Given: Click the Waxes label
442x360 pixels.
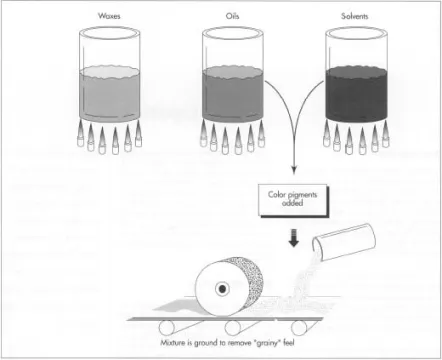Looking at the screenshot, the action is (x=109, y=16).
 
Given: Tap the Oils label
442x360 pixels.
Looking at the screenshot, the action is (x=232, y=16).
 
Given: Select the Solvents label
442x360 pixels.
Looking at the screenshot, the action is (x=355, y=16).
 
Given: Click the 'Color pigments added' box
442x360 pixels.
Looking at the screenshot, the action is (x=293, y=200).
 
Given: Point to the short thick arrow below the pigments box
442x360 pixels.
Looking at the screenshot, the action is (x=293, y=237).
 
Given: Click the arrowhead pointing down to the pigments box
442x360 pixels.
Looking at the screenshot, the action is (x=293, y=169).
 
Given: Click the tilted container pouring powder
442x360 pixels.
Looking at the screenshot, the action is (x=344, y=241).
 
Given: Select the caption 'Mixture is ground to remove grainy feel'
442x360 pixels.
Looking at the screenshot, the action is (x=227, y=342).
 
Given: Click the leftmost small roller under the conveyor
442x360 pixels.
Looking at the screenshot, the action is (x=167, y=328).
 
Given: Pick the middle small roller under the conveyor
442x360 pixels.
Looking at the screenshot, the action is (x=233, y=328).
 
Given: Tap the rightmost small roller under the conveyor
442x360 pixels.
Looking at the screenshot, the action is (x=299, y=328).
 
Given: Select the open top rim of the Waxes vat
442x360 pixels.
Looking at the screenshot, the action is (x=109, y=33).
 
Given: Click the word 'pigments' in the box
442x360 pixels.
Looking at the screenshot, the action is (x=303, y=195).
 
